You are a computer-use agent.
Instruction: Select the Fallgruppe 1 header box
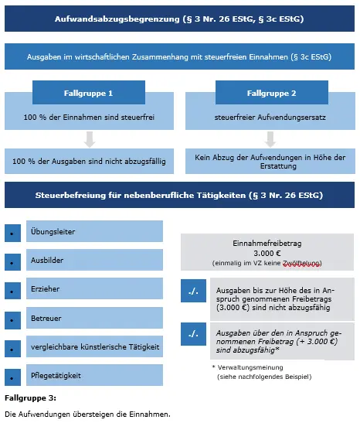coord(88,93)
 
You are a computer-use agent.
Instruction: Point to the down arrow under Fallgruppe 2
coord(271,139)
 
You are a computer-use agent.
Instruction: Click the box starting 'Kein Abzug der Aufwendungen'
coord(270,161)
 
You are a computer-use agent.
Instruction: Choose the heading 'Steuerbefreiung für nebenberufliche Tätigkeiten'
coord(179,196)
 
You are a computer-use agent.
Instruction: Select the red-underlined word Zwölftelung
coord(301,263)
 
